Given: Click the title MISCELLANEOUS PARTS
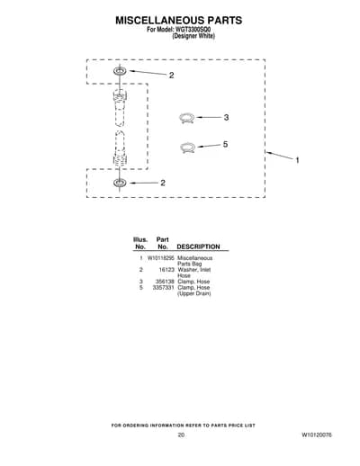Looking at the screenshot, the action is [179, 21].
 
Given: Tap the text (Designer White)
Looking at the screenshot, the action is [193, 36].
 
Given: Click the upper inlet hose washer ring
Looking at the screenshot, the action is [120, 71].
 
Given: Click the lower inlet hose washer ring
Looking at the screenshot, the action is [120, 183].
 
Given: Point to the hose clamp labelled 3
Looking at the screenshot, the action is [186, 118].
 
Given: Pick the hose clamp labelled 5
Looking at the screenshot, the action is [188, 148].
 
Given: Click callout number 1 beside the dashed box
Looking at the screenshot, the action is [297, 160].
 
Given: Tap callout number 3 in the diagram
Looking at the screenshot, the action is [226, 117].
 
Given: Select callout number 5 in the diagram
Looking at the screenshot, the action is [225, 144].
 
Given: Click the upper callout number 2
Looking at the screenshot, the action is [171, 75].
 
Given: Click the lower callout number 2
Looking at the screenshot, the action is [163, 183].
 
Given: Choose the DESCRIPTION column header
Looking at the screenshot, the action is [198, 246].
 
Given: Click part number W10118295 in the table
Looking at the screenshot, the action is [161, 258].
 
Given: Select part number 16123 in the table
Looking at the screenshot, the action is [166, 270].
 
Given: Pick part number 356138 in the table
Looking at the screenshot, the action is [165, 282].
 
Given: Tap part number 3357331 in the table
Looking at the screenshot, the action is [163, 287].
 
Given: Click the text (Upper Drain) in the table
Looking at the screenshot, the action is [194, 293].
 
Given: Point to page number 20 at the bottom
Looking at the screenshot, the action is [181, 435].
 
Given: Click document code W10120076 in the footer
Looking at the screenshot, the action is [317, 435].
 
